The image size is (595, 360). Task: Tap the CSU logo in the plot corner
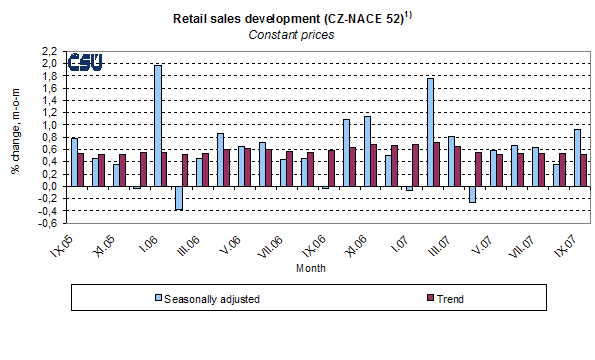[88, 64]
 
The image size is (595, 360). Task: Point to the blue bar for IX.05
[74, 161]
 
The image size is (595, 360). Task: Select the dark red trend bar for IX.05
[81, 169]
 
